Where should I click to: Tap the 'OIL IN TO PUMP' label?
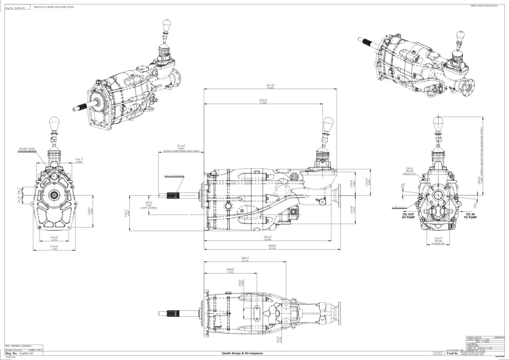(x=470, y=216)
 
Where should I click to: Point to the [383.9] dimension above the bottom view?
(x=245, y=259)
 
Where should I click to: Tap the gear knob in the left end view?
(x=54, y=124)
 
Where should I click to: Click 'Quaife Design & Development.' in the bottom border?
(x=243, y=353)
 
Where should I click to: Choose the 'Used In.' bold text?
(x=452, y=353)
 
